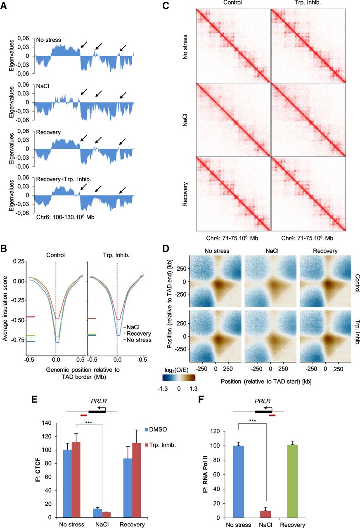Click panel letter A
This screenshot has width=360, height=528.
[4, 5]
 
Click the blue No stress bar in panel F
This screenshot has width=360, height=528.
[239, 481]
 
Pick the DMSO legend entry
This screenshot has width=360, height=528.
[156, 429]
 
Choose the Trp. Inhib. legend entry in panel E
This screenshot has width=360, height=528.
[160, 445]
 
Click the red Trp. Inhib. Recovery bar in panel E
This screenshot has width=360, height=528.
[136, 480]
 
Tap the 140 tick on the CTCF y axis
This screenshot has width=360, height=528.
[47, 423]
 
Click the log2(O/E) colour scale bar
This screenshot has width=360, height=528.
[179, 377]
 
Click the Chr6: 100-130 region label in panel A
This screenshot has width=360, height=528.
[65, 217]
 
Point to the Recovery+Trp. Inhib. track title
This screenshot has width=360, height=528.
[64, 179]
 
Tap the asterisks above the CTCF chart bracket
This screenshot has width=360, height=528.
[88, 422]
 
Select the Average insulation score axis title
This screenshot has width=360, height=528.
[5, 309]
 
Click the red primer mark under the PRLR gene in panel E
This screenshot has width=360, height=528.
[84, 415]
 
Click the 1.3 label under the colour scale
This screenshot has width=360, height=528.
[193, 389]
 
